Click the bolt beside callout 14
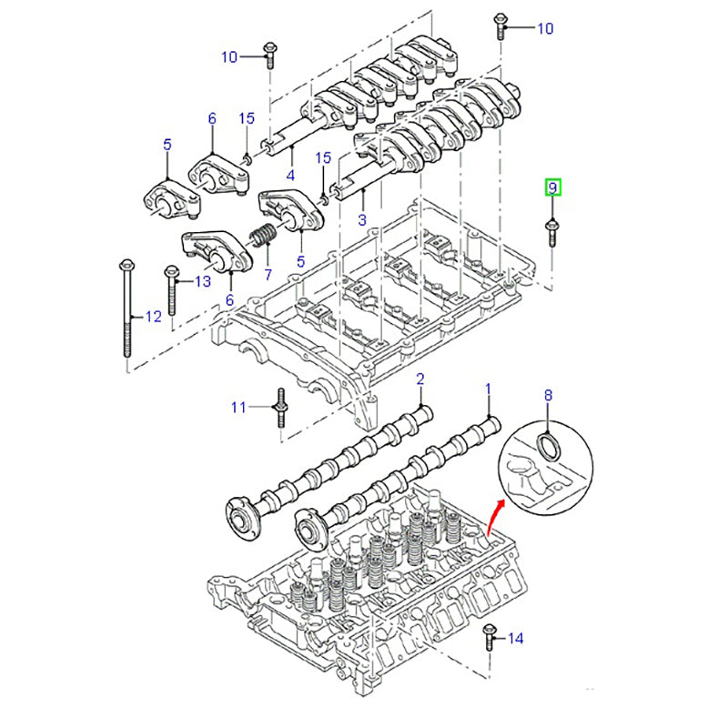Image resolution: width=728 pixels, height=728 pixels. [x=490, y=638]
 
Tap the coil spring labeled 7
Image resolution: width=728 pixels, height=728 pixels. [x=263, y=236]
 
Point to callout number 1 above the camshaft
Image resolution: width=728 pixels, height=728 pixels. [x=488, y=389]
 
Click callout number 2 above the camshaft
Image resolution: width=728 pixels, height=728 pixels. [x=420, y=378]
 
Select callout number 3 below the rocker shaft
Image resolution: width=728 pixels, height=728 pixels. [x=361, y=219]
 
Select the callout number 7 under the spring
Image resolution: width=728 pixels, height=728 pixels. [x=268, y=273]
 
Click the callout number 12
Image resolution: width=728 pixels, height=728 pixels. [x=153, y=317]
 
